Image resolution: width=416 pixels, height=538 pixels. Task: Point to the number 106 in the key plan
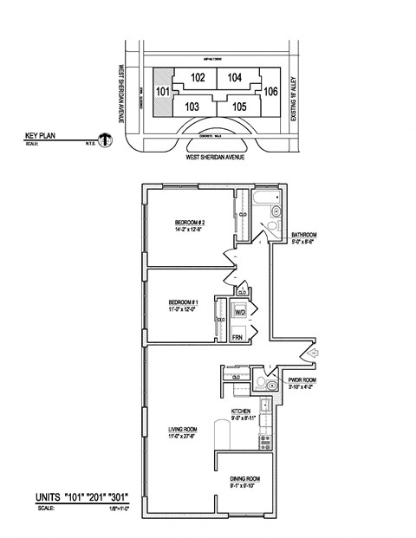pos(270,91)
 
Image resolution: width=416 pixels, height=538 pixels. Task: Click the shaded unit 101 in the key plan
pos(162,91)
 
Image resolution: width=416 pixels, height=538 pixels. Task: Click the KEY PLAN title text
pos(41,137)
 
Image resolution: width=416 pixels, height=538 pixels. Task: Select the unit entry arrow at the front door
pos(313,353)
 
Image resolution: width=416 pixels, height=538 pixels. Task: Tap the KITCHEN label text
pos(240,411)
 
